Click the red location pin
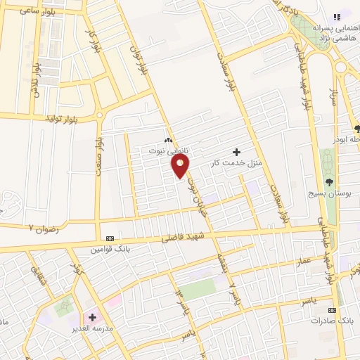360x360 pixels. tap(180, 165)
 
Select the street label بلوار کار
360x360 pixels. tap(91, 43)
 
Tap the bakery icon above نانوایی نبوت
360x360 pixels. tap(168, 141)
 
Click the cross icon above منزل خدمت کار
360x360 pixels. tap(236, 151)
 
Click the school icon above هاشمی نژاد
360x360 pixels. tap(336, 15)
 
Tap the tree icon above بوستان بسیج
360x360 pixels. tap(329, 181)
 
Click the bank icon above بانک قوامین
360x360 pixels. tap(110, 239)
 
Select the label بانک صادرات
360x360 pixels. tap(333, 321)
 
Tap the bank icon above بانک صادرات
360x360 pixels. tap(333, 310)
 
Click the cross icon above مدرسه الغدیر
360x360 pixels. tap(92, 317)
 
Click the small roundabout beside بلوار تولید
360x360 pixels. tap(99, 114)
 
